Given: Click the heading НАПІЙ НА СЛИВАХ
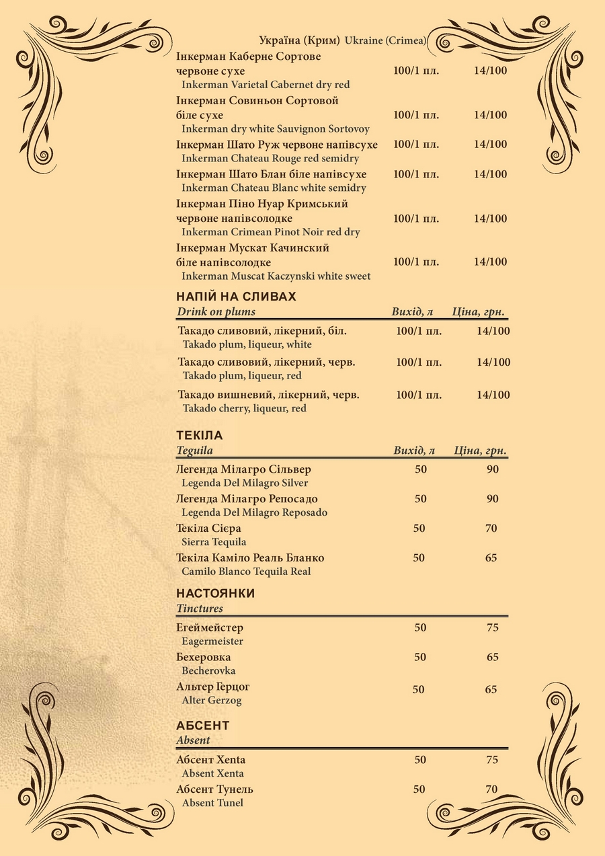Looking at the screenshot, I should pyautogui.click(x=236, y=297).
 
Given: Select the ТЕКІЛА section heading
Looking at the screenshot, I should pyautogui.click(x=199, y=435).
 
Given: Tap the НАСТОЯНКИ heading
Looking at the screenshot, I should pyautogui.click(x=215, y=594).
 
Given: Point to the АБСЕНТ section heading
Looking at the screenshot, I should pyautogui.click(x=202, y=726).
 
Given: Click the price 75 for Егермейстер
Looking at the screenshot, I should pyautogui.click(x=493, y=628).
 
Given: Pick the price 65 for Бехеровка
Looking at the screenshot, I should pyautogui.click(x=493, y=657).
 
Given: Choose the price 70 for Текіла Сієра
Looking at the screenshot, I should pyautogui.click(x=491, y=529).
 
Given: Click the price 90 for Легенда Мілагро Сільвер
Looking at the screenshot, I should pyautogui.click(x=493, y=469).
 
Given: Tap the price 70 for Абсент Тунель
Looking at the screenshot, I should pyautogui.click(x=491, y=789).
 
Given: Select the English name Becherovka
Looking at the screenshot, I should pyautogui.click(x=208, y=670).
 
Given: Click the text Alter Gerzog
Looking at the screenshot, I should pyautogui.click(x=212, y=700).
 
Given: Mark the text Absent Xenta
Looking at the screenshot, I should pyautogui.click(x=212, y=773).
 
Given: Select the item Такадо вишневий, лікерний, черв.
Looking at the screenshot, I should pyautogui.click(x=268, y=395).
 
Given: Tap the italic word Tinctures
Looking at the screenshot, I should pyautogui.click(x=200, y=609).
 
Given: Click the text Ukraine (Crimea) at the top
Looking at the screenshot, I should pyautogui.click(x=386, y=41).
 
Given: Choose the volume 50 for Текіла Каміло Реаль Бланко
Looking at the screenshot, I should pyautogui.click(x=419, y=558).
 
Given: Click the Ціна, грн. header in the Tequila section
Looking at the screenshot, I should pyautogui.click(x=480, y=451).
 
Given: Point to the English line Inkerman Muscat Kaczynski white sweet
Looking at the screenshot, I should pyautogui.click(x=276, y=276).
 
